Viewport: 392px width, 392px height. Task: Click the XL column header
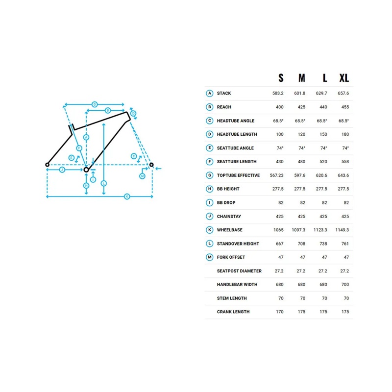point(344,78)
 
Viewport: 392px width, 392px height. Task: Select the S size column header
point(281,78)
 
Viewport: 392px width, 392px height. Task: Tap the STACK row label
point(224,93)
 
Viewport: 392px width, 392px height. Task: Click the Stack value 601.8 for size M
point(299,93)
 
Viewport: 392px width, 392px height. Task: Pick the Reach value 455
point(345,107)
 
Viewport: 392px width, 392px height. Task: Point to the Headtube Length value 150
point(323,134)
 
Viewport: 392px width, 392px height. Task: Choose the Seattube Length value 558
point(345,162)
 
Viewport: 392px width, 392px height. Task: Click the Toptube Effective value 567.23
point(276,175)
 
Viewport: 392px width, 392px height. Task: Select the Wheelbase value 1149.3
point(342,230)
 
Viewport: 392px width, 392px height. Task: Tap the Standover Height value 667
point(279,244)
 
